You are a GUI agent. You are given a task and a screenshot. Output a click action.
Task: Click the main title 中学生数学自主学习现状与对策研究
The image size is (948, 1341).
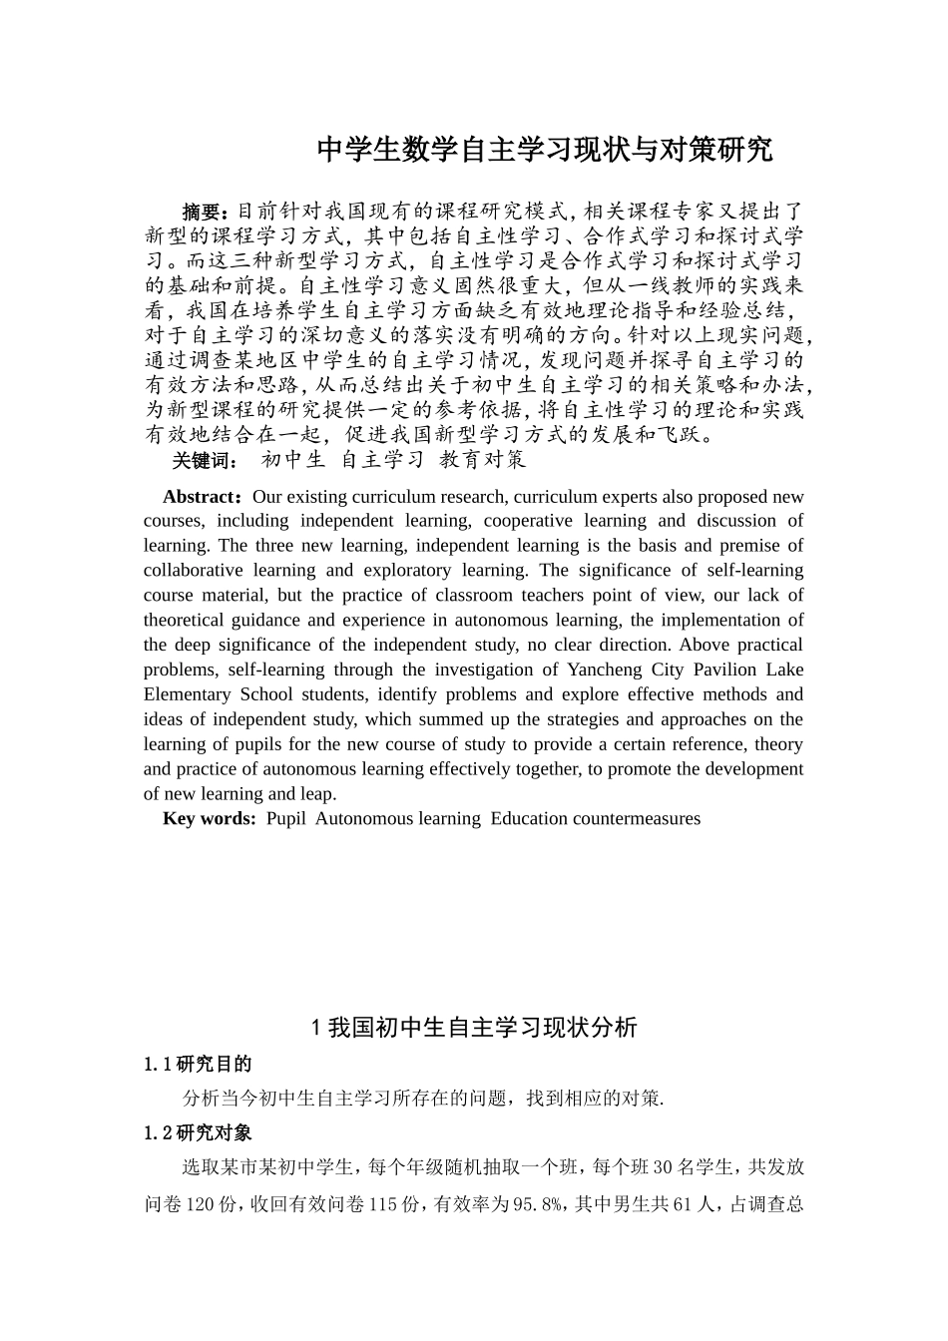pos(544,151)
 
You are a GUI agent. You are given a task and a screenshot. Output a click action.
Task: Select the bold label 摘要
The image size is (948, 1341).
pos(202,212)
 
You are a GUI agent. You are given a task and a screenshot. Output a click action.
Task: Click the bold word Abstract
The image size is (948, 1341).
pos(199,497)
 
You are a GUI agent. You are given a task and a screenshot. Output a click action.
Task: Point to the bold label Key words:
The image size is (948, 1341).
pos(210,819)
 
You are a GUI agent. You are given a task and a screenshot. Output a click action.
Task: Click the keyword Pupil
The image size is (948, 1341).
pos(286,819)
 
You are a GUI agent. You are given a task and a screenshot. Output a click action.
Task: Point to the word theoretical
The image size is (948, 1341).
pos(189,621)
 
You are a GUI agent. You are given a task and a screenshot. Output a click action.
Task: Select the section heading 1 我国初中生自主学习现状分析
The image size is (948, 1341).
pos(474,1028)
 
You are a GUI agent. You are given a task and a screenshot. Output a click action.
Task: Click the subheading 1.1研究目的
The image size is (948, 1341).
pos(198,1064)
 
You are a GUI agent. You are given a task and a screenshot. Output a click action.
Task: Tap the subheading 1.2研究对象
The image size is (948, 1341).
pos(198,1133)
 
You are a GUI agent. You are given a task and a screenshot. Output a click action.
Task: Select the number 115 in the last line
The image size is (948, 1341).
pos(384,1205)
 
